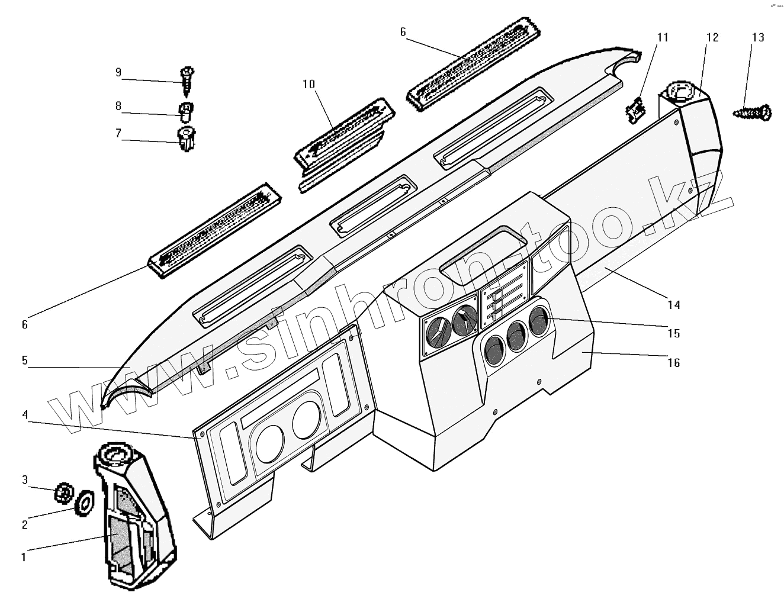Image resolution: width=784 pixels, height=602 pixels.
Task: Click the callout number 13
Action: click(757, 37)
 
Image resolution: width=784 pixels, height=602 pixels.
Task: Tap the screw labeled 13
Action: click(752, 112)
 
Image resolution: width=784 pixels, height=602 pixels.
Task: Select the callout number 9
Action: click(118, 72)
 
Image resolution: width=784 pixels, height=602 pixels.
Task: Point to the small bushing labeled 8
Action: click(186, 110)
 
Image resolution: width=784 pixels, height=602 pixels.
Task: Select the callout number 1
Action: click(24, 557)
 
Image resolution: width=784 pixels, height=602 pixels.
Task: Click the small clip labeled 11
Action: click(634, 110)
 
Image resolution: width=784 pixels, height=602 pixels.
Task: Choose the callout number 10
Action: click(309, 84)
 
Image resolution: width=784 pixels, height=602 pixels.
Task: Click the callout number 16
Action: click(673, 362)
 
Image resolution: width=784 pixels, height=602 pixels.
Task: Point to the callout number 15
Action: click(673, 333)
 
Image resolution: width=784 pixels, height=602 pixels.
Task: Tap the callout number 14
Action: click(673, 305)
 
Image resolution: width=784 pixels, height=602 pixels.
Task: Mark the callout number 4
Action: click(25, 414)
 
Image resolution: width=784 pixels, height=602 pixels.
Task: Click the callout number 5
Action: click(25, 360)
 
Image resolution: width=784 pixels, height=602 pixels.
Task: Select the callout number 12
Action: click(712, 37)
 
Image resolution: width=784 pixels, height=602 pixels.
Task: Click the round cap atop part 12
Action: click(679, 92)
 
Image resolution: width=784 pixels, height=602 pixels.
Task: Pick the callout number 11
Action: click(662, 37)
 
